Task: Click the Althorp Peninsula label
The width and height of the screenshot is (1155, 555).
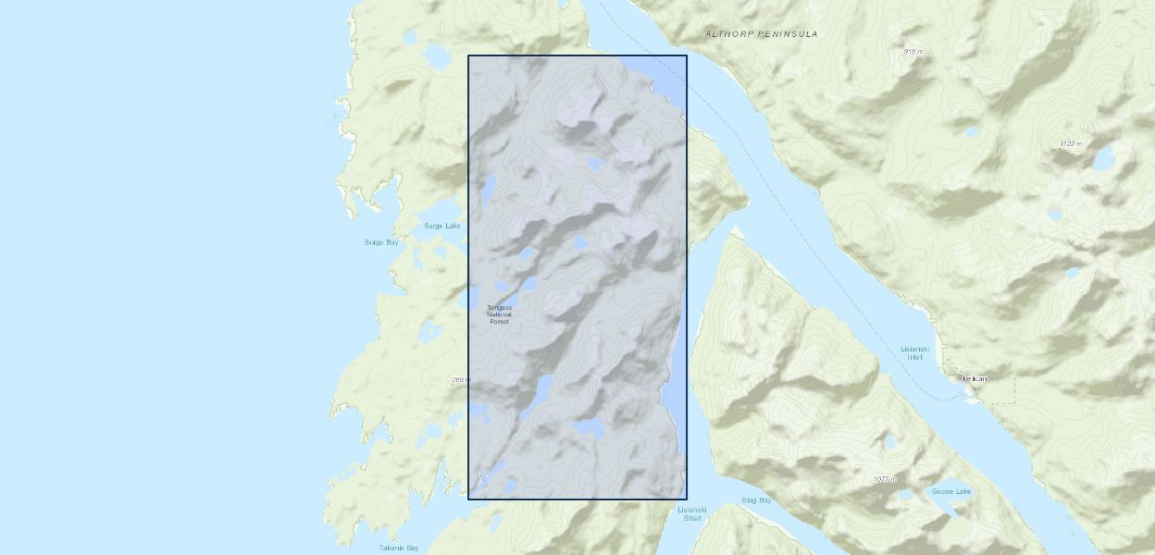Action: click(761, 34)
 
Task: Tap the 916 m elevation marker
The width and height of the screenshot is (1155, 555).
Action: click(913, 52)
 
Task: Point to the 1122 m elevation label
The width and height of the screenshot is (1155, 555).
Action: click(1071, 144)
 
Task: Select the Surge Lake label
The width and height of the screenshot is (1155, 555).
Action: click(441, 226)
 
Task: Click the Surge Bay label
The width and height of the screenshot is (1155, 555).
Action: click(380, 242)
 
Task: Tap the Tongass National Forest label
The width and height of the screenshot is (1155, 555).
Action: click(499, 314)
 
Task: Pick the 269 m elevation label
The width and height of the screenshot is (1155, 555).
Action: click(461, 380)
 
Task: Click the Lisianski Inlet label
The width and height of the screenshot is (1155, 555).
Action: click(913, 352)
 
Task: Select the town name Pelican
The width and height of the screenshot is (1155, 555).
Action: click(975, 378)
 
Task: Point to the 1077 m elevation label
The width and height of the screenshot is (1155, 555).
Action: click(885, 479)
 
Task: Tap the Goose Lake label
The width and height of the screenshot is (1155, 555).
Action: click(950, 491)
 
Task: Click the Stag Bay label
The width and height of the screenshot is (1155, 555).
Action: click(756, 500)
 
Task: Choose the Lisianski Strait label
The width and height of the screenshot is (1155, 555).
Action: click(691, 513)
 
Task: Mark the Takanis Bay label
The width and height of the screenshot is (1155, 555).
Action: click(399, 548)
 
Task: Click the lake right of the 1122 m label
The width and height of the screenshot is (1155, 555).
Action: click(1104, 159)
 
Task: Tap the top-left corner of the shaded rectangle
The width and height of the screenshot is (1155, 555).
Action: click(468, 55)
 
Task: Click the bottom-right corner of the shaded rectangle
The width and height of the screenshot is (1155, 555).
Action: click(687, 499)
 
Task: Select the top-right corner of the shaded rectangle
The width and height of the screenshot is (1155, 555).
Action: click(687, 55)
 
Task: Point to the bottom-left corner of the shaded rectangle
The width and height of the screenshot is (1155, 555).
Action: click(468, 499)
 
